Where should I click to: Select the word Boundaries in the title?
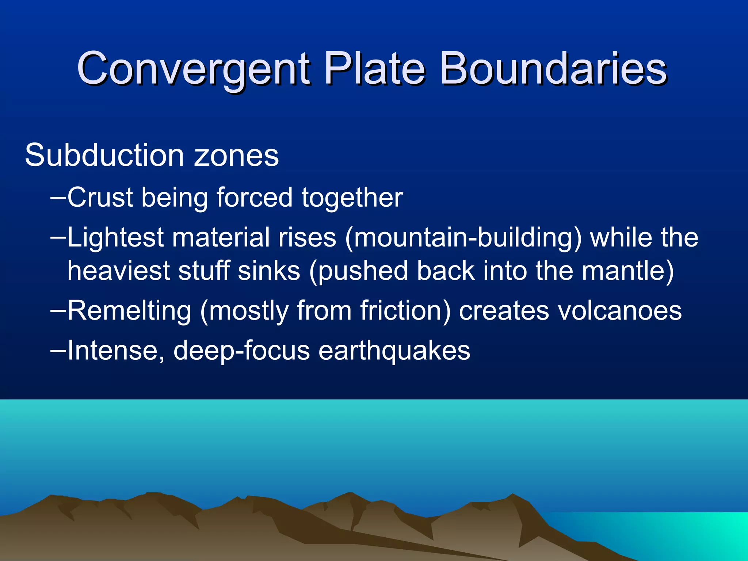(553, 68)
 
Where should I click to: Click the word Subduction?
(104, 155)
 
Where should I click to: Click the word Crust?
(100, 198)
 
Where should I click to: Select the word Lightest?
(115, 238)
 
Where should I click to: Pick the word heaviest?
(119, 271)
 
